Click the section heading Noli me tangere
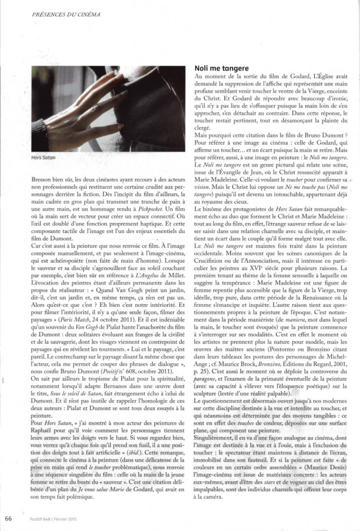pos(221,68)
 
